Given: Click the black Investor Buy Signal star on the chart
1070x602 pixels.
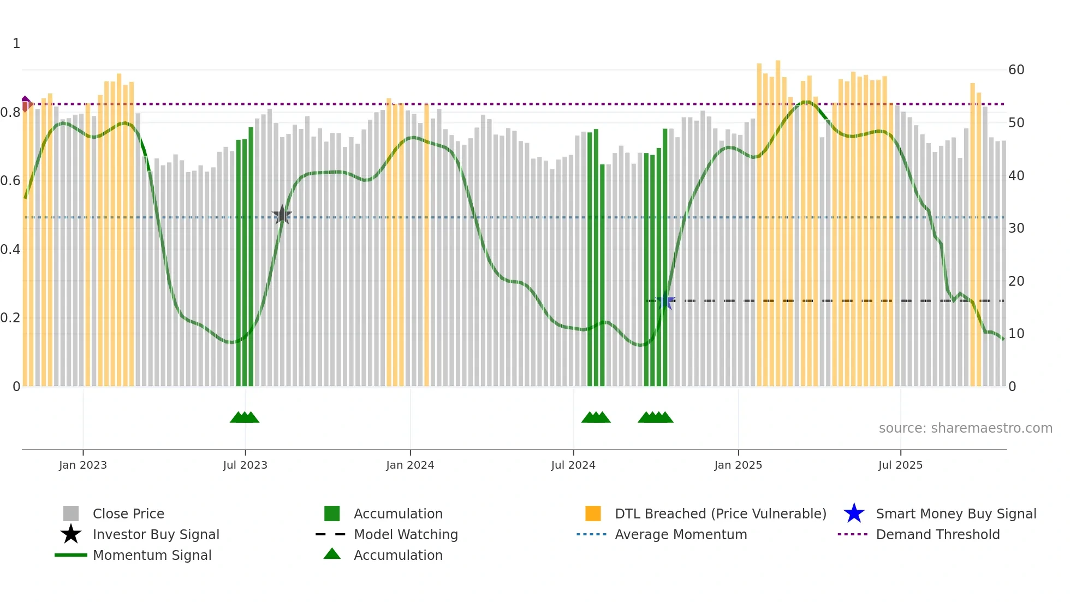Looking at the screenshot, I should [282, 215].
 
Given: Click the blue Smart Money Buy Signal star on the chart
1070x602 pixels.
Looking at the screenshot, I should [665, 301].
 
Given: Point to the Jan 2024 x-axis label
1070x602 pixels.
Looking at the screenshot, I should [410, 465].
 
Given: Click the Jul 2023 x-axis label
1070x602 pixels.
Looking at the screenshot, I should [245, 465].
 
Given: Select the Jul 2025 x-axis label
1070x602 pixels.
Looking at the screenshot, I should [900, 465].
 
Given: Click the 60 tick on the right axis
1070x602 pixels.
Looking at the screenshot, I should [1016, 70].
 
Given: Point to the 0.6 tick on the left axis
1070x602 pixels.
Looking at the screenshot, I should [11, 181].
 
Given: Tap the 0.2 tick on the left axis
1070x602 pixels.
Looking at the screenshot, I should [11, 318].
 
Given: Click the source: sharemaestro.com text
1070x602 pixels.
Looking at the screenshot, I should [965, 428].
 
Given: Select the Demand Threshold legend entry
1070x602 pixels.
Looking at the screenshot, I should [937, 534].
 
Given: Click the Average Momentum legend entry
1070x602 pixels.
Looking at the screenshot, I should [680, 534].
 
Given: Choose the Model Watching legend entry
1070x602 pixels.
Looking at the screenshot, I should [405, 534].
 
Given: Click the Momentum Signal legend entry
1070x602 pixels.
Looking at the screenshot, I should [152, 555].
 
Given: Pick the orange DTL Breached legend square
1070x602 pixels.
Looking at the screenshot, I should [593, 514].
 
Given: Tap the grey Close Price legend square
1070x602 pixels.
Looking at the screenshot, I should [71, 514].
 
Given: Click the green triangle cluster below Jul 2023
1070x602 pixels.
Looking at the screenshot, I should [245, 417].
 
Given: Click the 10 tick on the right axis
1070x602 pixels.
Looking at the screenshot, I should [1016, 334].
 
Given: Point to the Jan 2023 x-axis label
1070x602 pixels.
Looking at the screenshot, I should [83, 465].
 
